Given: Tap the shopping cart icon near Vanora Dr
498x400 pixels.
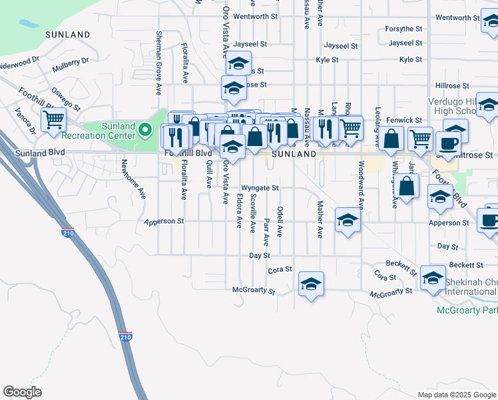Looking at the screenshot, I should click(53, 121).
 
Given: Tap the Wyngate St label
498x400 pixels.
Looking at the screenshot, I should click(260, 188).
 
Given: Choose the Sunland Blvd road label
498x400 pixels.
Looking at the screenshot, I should click(32, 153).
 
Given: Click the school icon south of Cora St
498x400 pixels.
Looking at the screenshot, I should click(311, 283).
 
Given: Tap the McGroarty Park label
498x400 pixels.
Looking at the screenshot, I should click(467, 310).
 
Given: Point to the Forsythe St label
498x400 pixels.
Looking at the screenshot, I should click(404, 29).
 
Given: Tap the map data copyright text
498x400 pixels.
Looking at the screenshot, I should click(457, 395).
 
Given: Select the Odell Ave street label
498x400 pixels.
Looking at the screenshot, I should click(280, 222).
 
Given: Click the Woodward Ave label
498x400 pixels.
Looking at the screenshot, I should click(362, 184).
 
